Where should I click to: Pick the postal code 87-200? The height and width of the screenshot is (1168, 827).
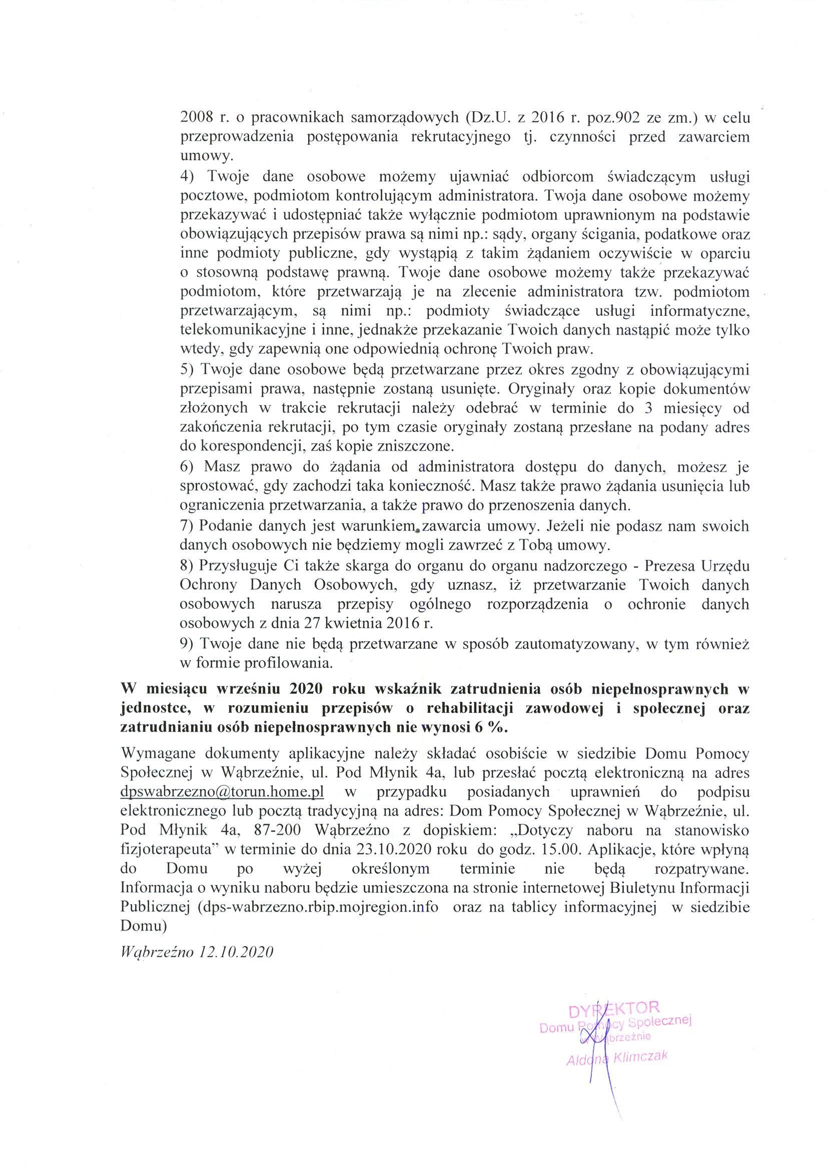point(280,830)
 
